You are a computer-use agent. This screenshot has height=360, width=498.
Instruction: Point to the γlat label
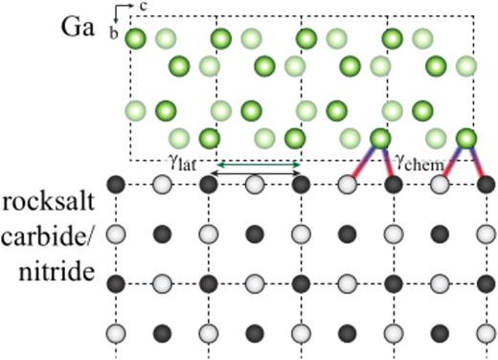(182, 164)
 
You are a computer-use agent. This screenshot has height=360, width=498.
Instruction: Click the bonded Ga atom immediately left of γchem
(380, 139)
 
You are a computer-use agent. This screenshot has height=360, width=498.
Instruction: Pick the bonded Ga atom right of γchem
(466, 139)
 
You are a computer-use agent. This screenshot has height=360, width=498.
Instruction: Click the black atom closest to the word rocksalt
(117, 184)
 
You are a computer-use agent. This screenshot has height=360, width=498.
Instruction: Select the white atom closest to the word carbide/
(118, 233)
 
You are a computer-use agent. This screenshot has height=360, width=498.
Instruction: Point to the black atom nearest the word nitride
(117, 283)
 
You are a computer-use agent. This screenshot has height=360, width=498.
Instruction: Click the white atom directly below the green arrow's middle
(255, 184)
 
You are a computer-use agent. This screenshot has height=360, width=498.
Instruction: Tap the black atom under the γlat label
(210, 184)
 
